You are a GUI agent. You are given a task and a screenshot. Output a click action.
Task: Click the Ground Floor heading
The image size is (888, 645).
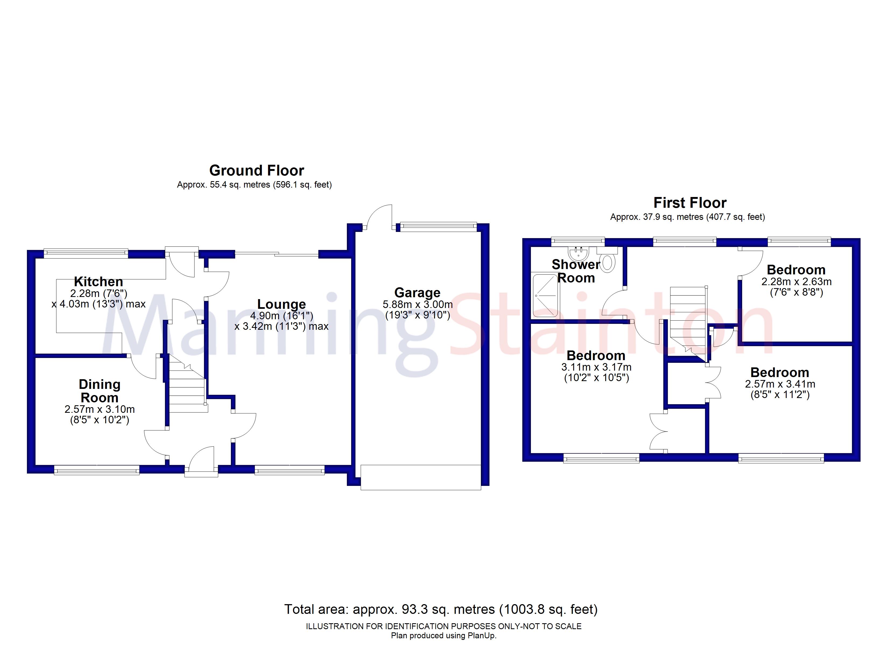point(256,171)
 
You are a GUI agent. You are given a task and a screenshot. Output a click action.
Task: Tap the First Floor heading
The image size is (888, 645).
point(690,203)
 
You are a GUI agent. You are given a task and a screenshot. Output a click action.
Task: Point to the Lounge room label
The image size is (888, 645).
point(281,304)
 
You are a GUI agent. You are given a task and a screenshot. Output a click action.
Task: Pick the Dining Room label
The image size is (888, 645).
point(100,391)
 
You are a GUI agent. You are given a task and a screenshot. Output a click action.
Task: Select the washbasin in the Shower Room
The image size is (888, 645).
point(578,254)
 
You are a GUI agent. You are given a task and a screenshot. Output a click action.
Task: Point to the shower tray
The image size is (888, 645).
point(545,295)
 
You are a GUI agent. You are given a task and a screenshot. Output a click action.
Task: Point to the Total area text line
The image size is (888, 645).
point(441,609)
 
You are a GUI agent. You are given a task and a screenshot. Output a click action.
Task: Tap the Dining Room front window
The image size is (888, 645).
point(96,470)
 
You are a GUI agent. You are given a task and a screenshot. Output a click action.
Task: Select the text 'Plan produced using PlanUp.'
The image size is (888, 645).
point(444,636)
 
